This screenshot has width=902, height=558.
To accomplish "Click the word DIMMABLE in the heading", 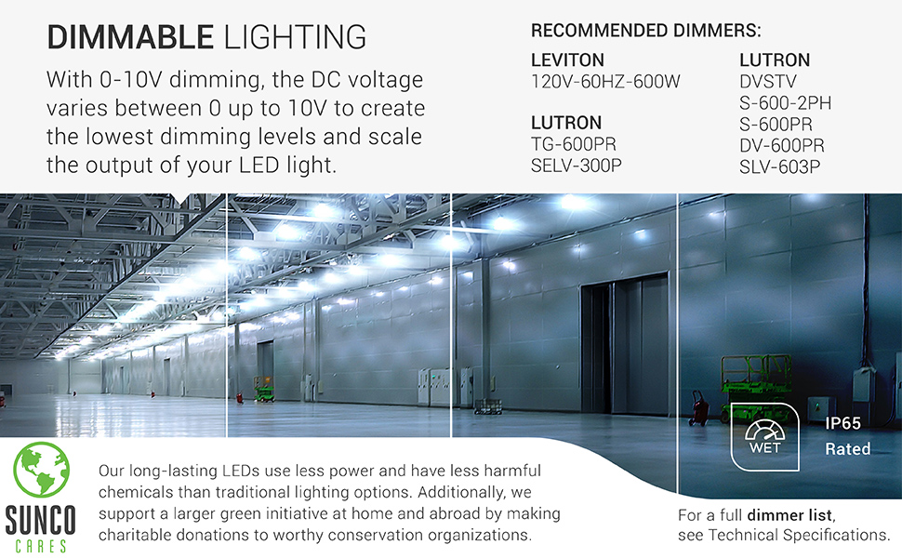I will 129,38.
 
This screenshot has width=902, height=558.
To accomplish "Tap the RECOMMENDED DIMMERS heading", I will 645,30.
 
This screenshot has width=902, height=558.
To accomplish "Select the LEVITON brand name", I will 567,60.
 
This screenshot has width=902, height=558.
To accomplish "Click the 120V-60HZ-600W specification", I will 605,82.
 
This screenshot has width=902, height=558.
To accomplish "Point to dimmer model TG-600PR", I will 574,145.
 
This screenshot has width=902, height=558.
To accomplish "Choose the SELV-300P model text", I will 577,167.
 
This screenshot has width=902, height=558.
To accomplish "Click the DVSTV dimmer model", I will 768,82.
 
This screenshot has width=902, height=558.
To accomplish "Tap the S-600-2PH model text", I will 785,103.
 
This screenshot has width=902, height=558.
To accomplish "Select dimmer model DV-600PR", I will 782,145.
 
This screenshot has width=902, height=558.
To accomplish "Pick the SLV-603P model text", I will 780,167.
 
